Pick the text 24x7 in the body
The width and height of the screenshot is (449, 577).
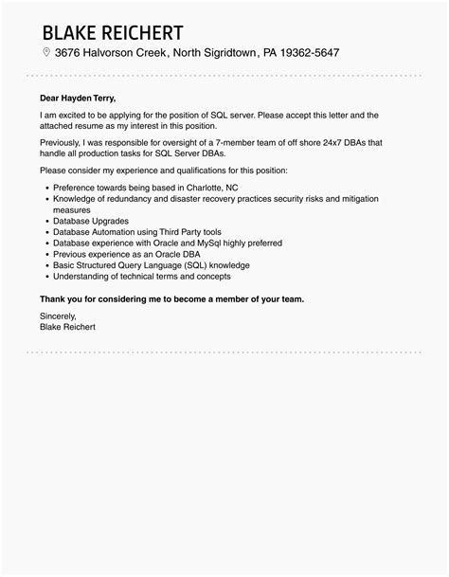pos(328,141)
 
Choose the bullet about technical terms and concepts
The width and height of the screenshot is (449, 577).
pos(142,277)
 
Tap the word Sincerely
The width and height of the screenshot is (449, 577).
pos(59,316)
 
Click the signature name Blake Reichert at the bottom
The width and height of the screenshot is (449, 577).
pos(67,327)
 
